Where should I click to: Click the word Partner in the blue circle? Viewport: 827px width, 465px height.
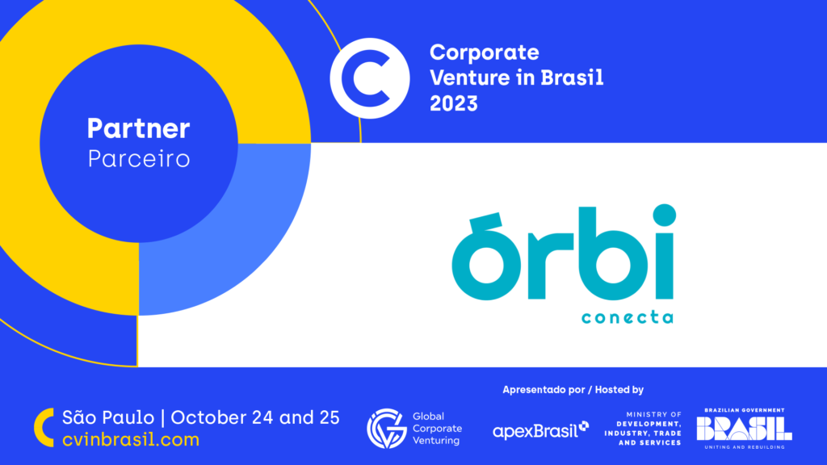click(138, 128)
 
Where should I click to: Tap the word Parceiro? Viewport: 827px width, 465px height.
click(139, 159)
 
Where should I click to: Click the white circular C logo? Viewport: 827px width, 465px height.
click(370, 78)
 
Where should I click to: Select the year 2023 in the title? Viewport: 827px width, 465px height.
click(454, 103)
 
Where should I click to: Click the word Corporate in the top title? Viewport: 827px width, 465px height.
click(485, 52)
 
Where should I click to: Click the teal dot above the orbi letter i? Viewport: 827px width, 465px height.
click(665, 215)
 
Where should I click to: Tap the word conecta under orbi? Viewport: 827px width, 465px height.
click(628, 316)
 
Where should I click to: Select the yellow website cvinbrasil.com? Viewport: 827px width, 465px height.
click(131, 440)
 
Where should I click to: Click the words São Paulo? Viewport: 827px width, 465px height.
click(108, 417)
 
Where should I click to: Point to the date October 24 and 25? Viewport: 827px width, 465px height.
click(255, 417)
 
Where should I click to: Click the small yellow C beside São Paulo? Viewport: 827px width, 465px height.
click(44, 428)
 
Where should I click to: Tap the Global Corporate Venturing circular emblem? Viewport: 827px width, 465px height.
click(387, 429)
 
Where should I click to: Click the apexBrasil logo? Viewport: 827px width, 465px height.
click(540, 430)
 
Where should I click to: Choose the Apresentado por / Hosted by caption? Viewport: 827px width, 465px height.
click(573, 390)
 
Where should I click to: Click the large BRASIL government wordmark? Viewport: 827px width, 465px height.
click(744, 428)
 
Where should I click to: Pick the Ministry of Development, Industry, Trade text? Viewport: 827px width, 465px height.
click(643, 429)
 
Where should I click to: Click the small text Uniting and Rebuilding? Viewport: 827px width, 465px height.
click(745, 447)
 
